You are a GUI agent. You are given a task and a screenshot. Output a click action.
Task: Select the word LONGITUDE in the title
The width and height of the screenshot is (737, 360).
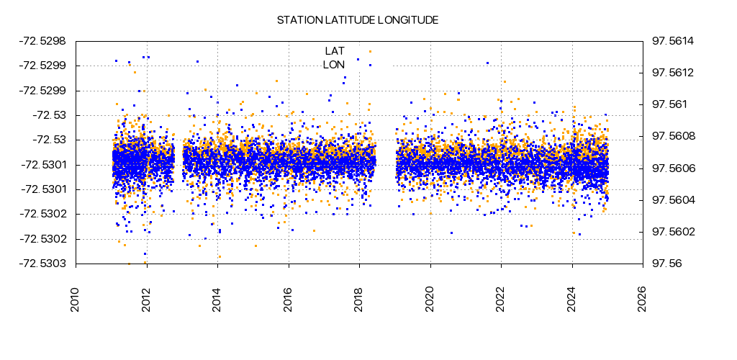pos(408,20)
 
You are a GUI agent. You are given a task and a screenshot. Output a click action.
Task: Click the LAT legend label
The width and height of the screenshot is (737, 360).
pos(335,50)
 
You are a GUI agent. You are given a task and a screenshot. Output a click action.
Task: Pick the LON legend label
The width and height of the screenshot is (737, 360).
pos(334,65)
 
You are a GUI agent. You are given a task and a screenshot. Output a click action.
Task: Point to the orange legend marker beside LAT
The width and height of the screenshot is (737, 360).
pos(370,51)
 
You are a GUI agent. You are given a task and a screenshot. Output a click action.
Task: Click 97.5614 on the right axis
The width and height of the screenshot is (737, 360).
pos(672,41)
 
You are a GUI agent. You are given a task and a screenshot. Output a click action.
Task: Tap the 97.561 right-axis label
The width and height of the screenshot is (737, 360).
pos(669,104)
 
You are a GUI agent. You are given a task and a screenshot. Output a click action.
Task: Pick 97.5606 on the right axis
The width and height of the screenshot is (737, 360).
pos(672,168)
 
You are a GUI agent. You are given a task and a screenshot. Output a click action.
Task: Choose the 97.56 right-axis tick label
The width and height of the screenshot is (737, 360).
pos(666,264)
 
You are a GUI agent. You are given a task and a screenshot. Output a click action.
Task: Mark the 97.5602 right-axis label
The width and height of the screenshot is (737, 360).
pos(672,232)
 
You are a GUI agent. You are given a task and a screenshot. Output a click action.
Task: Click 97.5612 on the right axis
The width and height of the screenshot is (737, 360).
pos(672,73)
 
